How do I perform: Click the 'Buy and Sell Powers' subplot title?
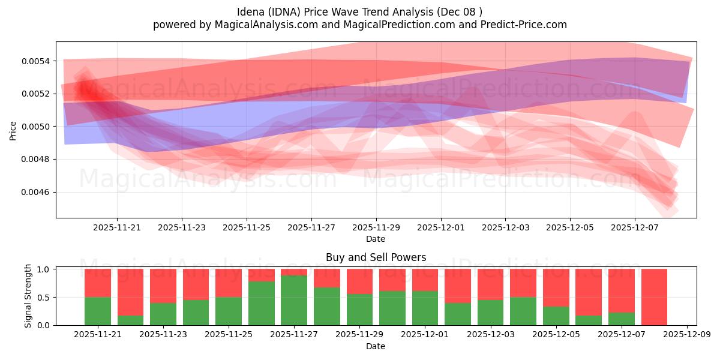[x=376, y=257]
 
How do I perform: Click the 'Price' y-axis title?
[x=13, y=130]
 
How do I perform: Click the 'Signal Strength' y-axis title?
[x=28, y=296]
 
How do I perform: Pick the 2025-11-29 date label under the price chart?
[x=376, y=227]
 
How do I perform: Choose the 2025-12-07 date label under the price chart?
[x=635, y=227]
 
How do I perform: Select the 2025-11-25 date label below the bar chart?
[x=229, y=335]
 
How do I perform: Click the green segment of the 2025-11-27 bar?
[x=294, y=300]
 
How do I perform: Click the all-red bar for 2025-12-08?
[x=654, y=297]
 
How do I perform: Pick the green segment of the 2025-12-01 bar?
[x=425, y=308]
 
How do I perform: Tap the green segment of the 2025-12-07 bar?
[x=621, y=319]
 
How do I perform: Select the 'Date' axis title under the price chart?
[x=376, y=239]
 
